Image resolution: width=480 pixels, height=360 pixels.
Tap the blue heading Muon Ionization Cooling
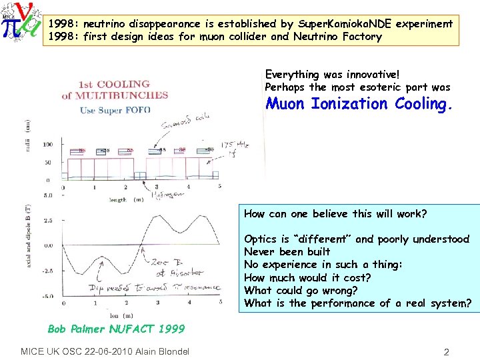click(359, 104)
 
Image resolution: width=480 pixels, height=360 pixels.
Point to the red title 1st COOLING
click(114, 84)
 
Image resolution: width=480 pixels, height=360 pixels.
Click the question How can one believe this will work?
click(335, 214)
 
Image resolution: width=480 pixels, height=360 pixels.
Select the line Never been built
click(287, 251)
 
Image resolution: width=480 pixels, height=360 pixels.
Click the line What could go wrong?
click(301, 290)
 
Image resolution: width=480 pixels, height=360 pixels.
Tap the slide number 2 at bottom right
click(447, 351)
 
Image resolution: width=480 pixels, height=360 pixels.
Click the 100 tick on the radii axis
click(47, 144)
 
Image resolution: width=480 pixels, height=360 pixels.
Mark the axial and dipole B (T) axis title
click(28, 246)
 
